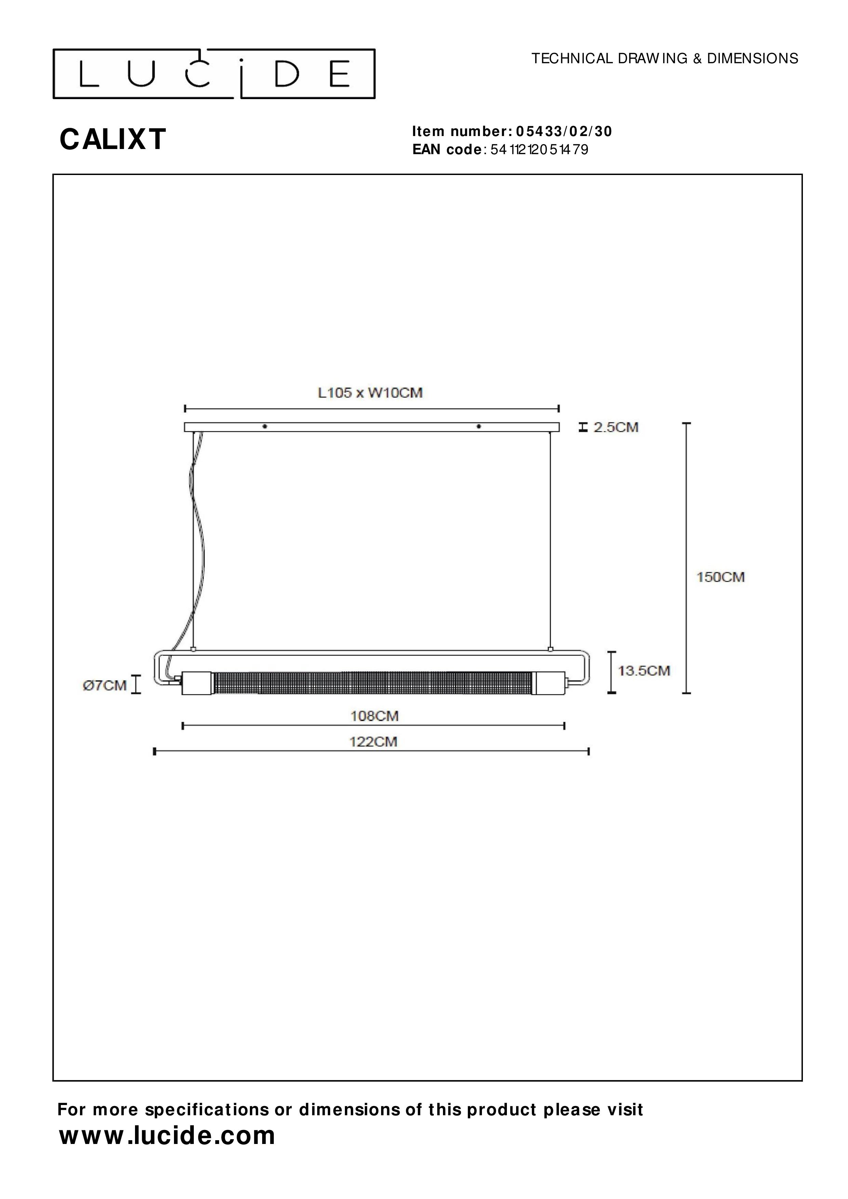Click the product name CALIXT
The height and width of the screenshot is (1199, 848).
113,139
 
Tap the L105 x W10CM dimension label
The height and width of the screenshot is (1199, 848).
370,393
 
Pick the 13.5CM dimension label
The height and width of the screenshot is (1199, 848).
644,671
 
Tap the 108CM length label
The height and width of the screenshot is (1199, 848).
374,716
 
